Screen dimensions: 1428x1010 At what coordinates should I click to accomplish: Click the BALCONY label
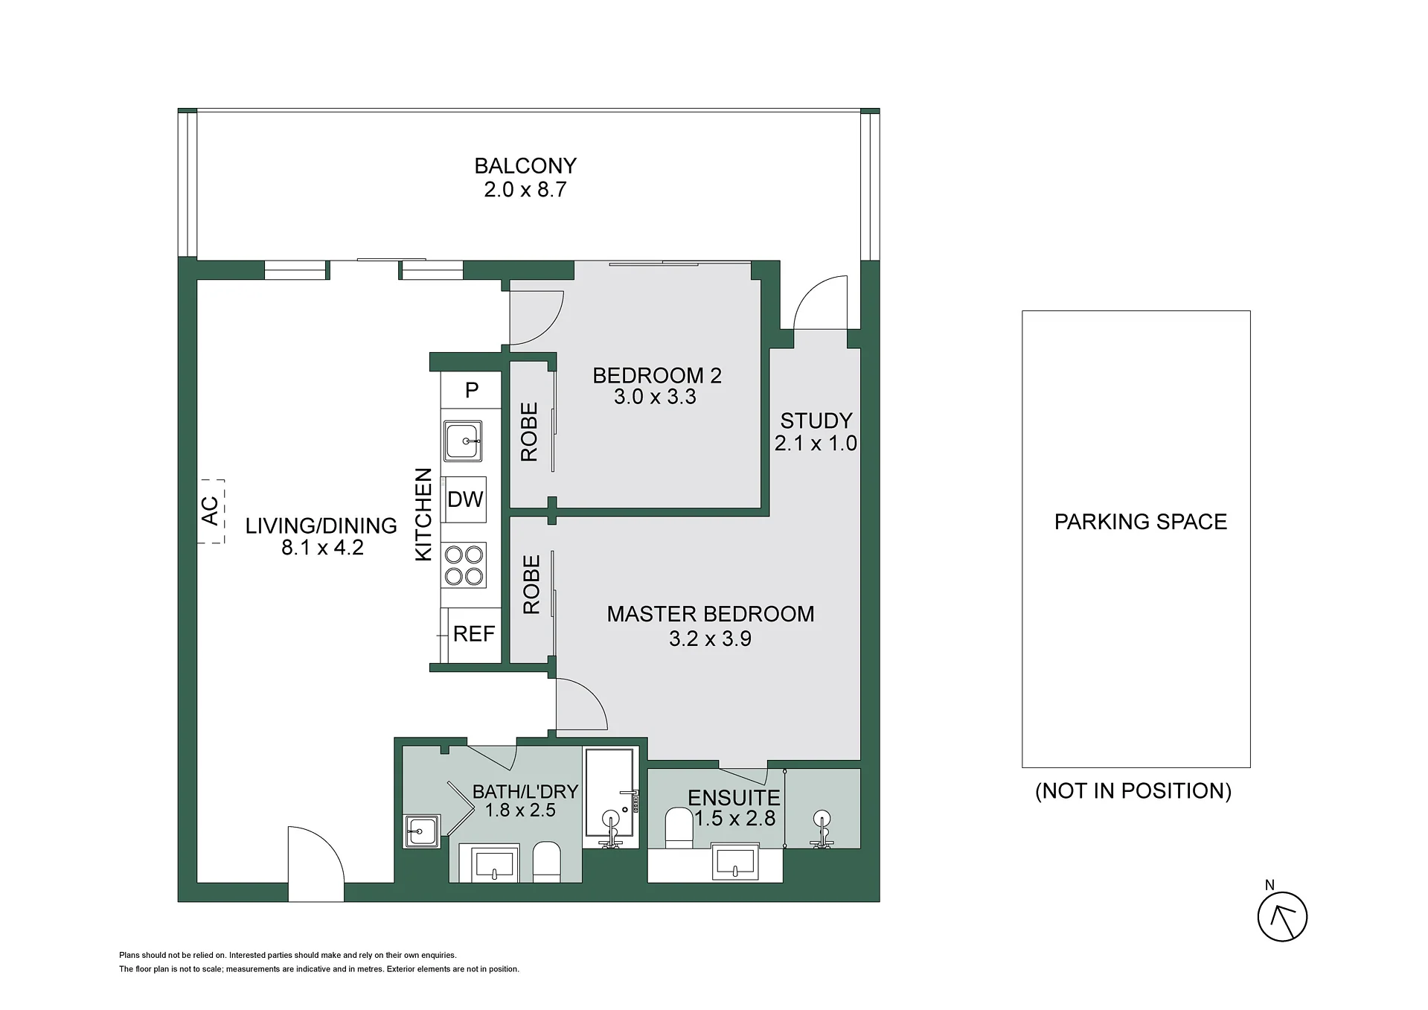(525, 165)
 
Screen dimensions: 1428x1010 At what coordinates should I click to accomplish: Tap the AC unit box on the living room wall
(211, 511)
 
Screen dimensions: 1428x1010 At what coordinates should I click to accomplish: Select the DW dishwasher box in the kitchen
(465, 499)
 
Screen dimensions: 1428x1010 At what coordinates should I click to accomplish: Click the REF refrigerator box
(474, 634)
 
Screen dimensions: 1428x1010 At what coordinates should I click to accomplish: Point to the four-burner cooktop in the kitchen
(465, 565)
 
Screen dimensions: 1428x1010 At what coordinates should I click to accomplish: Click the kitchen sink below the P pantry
(463, 441)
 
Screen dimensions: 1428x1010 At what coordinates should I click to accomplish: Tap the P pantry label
(472, 390)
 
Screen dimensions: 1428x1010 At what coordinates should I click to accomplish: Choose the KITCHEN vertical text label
(423, 514)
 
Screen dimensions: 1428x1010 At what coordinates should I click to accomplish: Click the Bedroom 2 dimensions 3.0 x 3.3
(655, 397)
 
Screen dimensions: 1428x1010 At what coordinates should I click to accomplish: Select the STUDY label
(816, 421)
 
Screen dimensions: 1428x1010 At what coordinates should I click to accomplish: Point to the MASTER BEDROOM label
(711, 614)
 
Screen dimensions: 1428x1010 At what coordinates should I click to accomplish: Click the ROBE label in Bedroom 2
(529, 432)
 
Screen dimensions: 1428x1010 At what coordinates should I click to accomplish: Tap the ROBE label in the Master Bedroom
(531, 584)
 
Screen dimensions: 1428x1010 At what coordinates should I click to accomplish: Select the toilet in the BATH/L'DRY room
(547, 862)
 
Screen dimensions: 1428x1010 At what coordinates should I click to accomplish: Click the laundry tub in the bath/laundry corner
(423, 831)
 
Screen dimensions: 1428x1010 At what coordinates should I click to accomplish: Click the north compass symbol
(1282, 916)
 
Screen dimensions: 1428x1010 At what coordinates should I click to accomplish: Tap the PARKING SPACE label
(1141, 522)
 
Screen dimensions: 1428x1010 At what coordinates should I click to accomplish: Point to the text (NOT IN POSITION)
(1133, 790)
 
